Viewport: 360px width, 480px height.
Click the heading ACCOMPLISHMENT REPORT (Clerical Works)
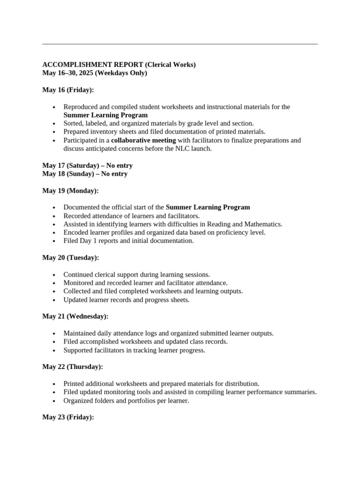click(x=119, y=65)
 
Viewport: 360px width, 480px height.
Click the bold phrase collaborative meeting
click(x=143, y=140)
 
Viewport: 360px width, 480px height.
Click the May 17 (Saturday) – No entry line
click(x=87, y=165)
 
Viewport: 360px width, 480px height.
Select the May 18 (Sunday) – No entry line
click(x=85, y=174)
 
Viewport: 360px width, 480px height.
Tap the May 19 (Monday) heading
click(x=70, y=191)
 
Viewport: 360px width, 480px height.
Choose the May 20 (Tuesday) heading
click(x=70, y=257)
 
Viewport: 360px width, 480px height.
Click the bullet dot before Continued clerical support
click(x=54, y=275)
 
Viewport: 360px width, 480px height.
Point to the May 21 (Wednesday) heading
click(x=75, y=316)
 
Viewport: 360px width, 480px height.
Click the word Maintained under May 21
click(x=81, y=333)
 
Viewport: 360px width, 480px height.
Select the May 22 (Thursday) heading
click(x=73, y=367)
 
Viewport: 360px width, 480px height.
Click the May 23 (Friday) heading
click(x=68, y=417)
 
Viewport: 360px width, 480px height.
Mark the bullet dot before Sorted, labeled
click(x=54, y=124)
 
